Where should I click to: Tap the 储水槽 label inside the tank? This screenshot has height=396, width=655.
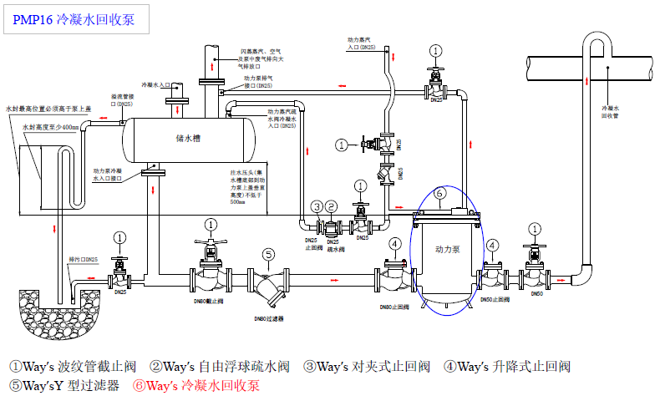coord(188,137)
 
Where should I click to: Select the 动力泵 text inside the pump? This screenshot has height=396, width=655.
coord(448,249)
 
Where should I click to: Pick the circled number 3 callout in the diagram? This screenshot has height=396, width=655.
coord(316,206)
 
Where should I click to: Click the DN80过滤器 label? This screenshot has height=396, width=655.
coord(270,318)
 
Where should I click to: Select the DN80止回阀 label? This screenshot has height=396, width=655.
coord(396,307)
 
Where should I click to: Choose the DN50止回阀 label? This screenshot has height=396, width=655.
coord(494,298)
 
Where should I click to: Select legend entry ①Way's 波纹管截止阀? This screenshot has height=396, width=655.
coord(73,366)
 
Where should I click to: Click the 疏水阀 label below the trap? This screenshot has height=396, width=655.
coord(336,248)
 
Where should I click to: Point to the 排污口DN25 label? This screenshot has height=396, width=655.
coord(84,260)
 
